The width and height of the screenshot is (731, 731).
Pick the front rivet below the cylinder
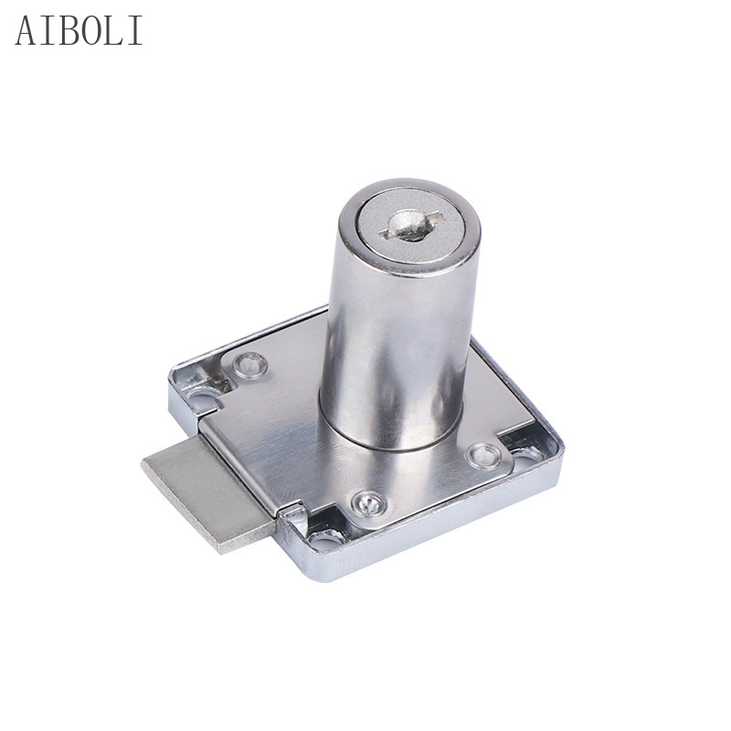click(x=367, y=501)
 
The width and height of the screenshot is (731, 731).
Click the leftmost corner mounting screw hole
click(x=203, y=398)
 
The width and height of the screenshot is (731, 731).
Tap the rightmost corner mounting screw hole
click(x=527, y=451)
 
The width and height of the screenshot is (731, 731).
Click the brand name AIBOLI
click(x=79, y=31)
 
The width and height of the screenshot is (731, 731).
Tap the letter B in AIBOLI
click(x=64, y=31)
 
